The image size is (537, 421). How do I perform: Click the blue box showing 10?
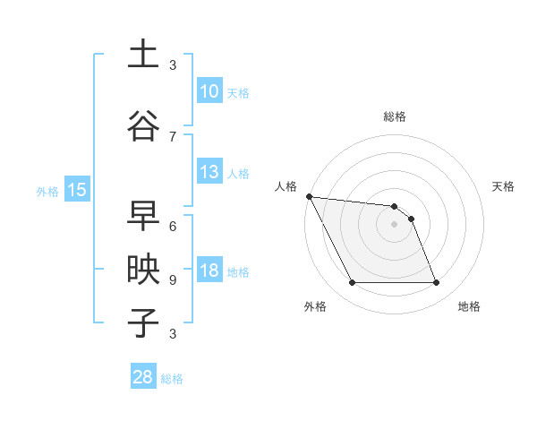(x=209, y=90)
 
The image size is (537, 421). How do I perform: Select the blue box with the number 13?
(x=209, y=172)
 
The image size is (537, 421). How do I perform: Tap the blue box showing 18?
(x=209, y=271)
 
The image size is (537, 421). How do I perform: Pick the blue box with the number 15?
(x=76, y=189)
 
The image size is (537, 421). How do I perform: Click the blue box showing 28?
(x=143, y=377)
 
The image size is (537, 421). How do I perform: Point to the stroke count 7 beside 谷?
(x=173, y=136)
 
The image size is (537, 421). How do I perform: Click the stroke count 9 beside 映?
(x=173, y=279)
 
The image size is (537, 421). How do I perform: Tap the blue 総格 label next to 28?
(x=172, y=379)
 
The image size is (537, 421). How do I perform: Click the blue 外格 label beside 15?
(x=47, y=191)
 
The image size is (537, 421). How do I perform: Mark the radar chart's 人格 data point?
(x=309, y=196)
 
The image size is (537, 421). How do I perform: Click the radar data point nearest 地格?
(x=436, y=283)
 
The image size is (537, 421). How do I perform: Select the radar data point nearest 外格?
(x=352, y=283)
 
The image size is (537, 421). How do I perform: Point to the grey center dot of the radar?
(x=394, y=224)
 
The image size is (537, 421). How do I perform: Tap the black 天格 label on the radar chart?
(x=503, y=186)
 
